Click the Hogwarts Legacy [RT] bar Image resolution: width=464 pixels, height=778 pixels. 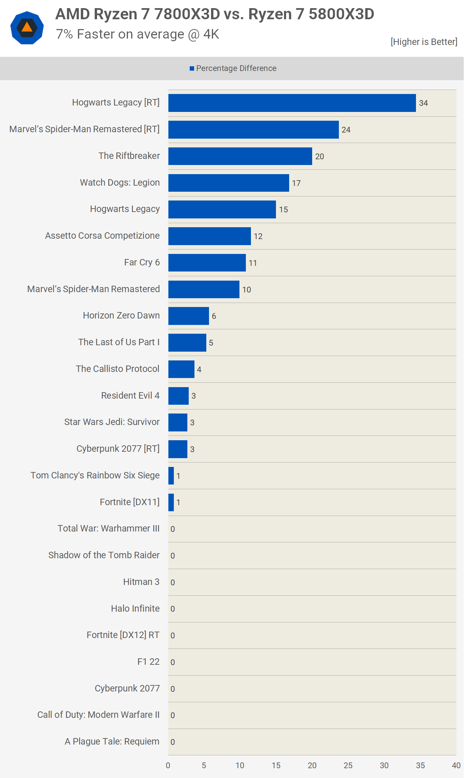292,103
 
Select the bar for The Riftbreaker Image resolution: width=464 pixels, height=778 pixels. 240,156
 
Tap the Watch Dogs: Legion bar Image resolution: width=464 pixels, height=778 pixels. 229,183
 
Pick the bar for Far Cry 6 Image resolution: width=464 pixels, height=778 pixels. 207,263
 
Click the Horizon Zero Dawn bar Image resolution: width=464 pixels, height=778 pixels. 188,316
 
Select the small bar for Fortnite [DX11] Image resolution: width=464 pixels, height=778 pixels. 171,502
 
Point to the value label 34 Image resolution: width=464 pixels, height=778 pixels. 423,103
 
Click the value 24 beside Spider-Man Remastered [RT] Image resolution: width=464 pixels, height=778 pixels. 346,130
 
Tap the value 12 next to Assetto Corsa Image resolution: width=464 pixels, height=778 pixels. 258,236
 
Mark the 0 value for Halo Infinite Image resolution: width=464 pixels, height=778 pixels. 173,609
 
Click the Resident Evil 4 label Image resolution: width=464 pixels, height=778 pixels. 130,395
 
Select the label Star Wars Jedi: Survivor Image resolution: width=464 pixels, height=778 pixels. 112,422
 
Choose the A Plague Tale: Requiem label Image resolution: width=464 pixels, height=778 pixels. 112,741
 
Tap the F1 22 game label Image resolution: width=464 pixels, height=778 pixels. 148,662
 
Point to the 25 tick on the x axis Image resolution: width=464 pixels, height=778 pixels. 348,765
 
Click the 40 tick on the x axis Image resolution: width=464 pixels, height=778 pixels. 456,765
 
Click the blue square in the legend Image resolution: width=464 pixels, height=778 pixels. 192,69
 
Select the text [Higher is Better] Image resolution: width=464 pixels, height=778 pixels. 424,42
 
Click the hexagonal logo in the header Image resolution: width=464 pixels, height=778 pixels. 27,28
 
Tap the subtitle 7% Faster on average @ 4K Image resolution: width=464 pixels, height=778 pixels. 138,34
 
